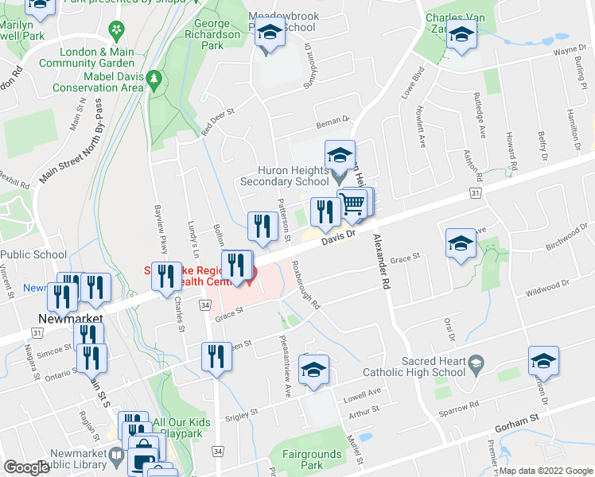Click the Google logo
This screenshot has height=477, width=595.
pyautogui.click(x=26, y=467)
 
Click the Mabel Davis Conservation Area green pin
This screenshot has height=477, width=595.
pyautogui.click(x=154, y=79)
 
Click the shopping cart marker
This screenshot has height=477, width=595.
pyautogui.click(x=353, y=204)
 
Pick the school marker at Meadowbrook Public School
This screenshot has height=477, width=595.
pyautogui.click(x=270, y=36)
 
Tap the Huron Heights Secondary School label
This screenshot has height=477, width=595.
pyautogui.click(x=285, y=176)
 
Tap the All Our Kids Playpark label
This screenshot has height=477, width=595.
pyautogui.click(x=188, y=429)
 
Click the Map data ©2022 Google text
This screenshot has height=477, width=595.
pyautogui.click(x=545, y=471)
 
